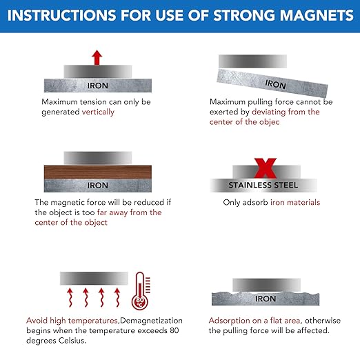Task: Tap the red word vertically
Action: [x=98, y=112]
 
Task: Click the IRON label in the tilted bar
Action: [x=275, y=85]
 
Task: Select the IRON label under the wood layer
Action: [x=97, y=186]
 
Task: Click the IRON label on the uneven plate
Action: [x=265, y=299]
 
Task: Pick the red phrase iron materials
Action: [x=294, y=203]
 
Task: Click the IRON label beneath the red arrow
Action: [x=97, y=86]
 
